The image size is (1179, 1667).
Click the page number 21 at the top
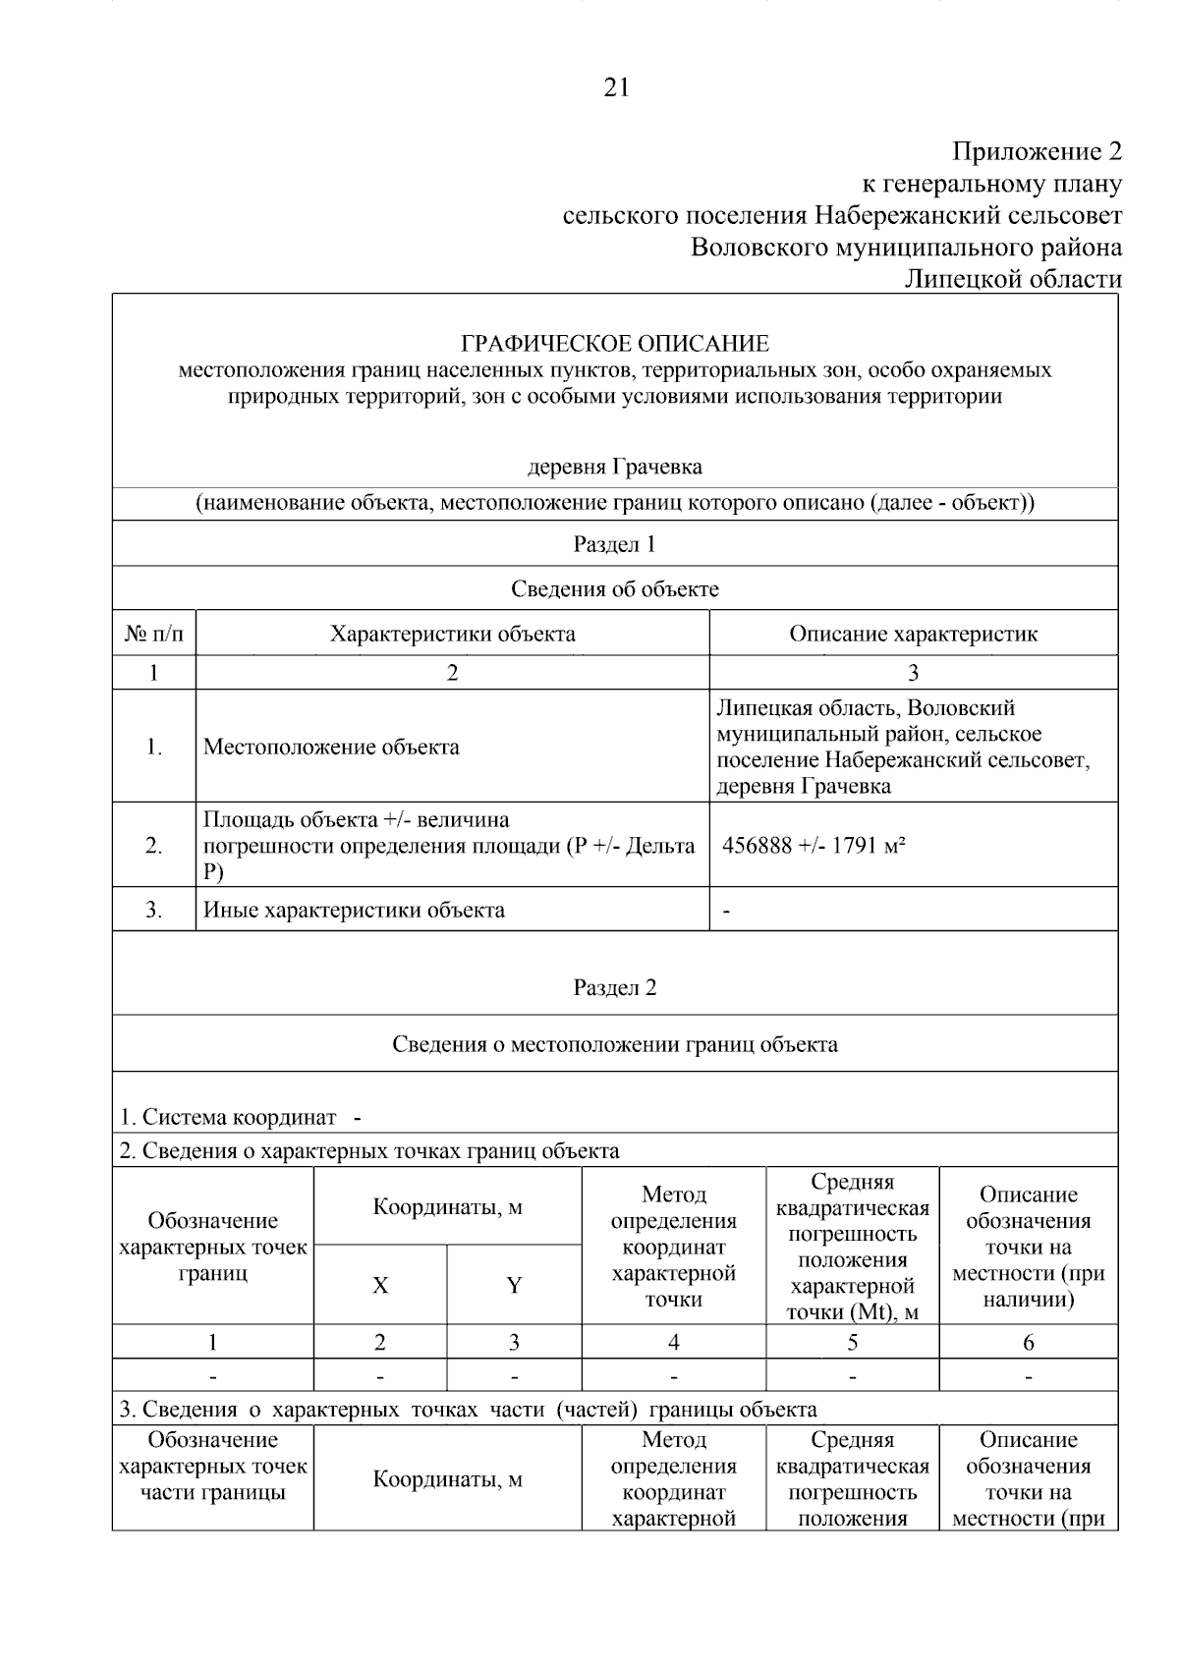pyautogui.click(x=615, y=88)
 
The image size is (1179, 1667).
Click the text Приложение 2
pyautogui.click(x=1037, y=151)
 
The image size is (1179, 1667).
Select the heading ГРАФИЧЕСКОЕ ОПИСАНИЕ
pyautogui.click(x=615, y=343)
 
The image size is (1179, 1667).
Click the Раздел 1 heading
pyautogui.click(x=615, y=543)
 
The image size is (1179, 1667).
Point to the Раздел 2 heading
pyautogui.click(x=615, y=987)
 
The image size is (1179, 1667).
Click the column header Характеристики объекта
pyautogui.click(x=452, y=634)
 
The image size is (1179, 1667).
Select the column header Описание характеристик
pyautogui.click(x=913, y=634)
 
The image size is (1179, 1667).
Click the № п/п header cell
pyautogui.click(x=154, y=634)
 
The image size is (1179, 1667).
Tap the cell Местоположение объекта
pyautogui.click(x=331, y=747)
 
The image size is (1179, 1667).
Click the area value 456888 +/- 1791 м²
pyautogui.click(x=814, y=846)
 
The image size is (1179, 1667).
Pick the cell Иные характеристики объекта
pyautogui.click(x=354, y=910)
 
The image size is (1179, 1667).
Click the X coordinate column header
pyautogui.click(x=380, y=1285)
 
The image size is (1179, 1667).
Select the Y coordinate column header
pyautogui.click(x=514, y=1285)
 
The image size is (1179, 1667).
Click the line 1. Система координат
pyautogui.click(x=241, y=1117)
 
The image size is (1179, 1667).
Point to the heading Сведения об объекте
pyautogui.click(x=615, y=588)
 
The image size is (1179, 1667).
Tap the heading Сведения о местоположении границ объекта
pyautogui.click(x=615, y=1043)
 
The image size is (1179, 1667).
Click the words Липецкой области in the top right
pyautogui.click(x=1012, y=279)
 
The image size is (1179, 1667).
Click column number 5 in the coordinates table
pyautogui.click(x=852, y=1342)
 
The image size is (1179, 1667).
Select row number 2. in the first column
pyautogui.click(x=154, y=846)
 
